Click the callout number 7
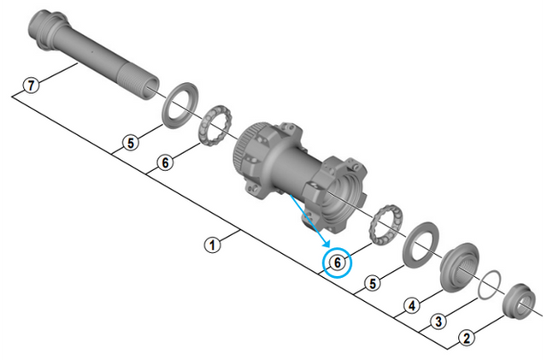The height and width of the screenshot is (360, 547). (x=32, y=85)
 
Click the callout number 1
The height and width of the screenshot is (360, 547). (x=213, y=245)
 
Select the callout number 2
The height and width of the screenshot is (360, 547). (x=467, y=337)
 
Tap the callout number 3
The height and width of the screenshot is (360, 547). (x=438, y=322)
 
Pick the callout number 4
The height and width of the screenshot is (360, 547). (x=412, y=305)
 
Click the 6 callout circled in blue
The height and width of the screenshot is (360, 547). (x=338, y=263)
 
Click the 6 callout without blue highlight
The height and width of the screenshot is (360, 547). (x=165, y=162)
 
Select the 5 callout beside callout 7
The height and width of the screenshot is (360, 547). (x=131, y=143)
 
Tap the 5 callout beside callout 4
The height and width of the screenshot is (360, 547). (x=373, y=283)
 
